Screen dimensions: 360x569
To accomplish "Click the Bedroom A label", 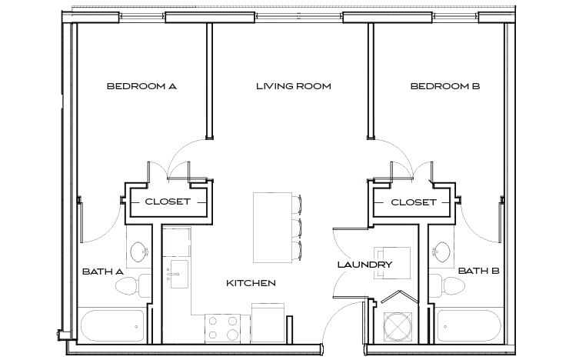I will (x=141, y=87).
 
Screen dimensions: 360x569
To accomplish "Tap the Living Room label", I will (x=293, y=87).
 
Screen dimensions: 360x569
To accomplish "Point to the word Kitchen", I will (x=251, y=284).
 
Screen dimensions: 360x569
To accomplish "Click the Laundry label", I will (x=364, y=265).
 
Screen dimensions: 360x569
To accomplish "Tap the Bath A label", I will (x=102, y=272).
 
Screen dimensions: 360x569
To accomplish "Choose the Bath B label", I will (x=479, y=272).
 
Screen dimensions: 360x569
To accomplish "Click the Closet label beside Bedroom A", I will (x=168, y=202).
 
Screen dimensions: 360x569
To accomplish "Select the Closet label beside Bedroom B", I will (x=414, y=202).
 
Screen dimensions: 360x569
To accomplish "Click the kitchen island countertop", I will (x=269, y=228).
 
